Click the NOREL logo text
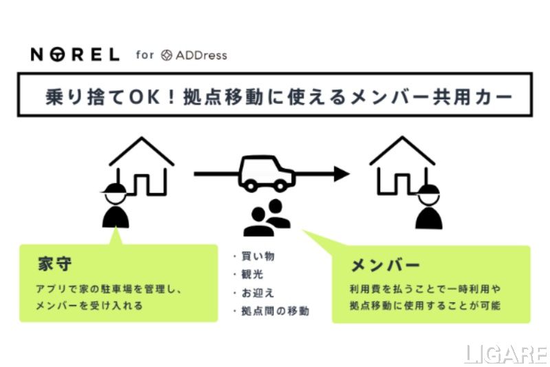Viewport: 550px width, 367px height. [x=75, y=54]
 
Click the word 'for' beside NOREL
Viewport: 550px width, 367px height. [x=145, y=54]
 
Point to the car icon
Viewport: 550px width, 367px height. [x=266, y=173]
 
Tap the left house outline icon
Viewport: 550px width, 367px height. [x=141, y=165]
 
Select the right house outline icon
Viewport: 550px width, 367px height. [x=402, y=165]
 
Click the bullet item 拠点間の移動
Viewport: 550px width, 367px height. [x=274, y=311]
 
